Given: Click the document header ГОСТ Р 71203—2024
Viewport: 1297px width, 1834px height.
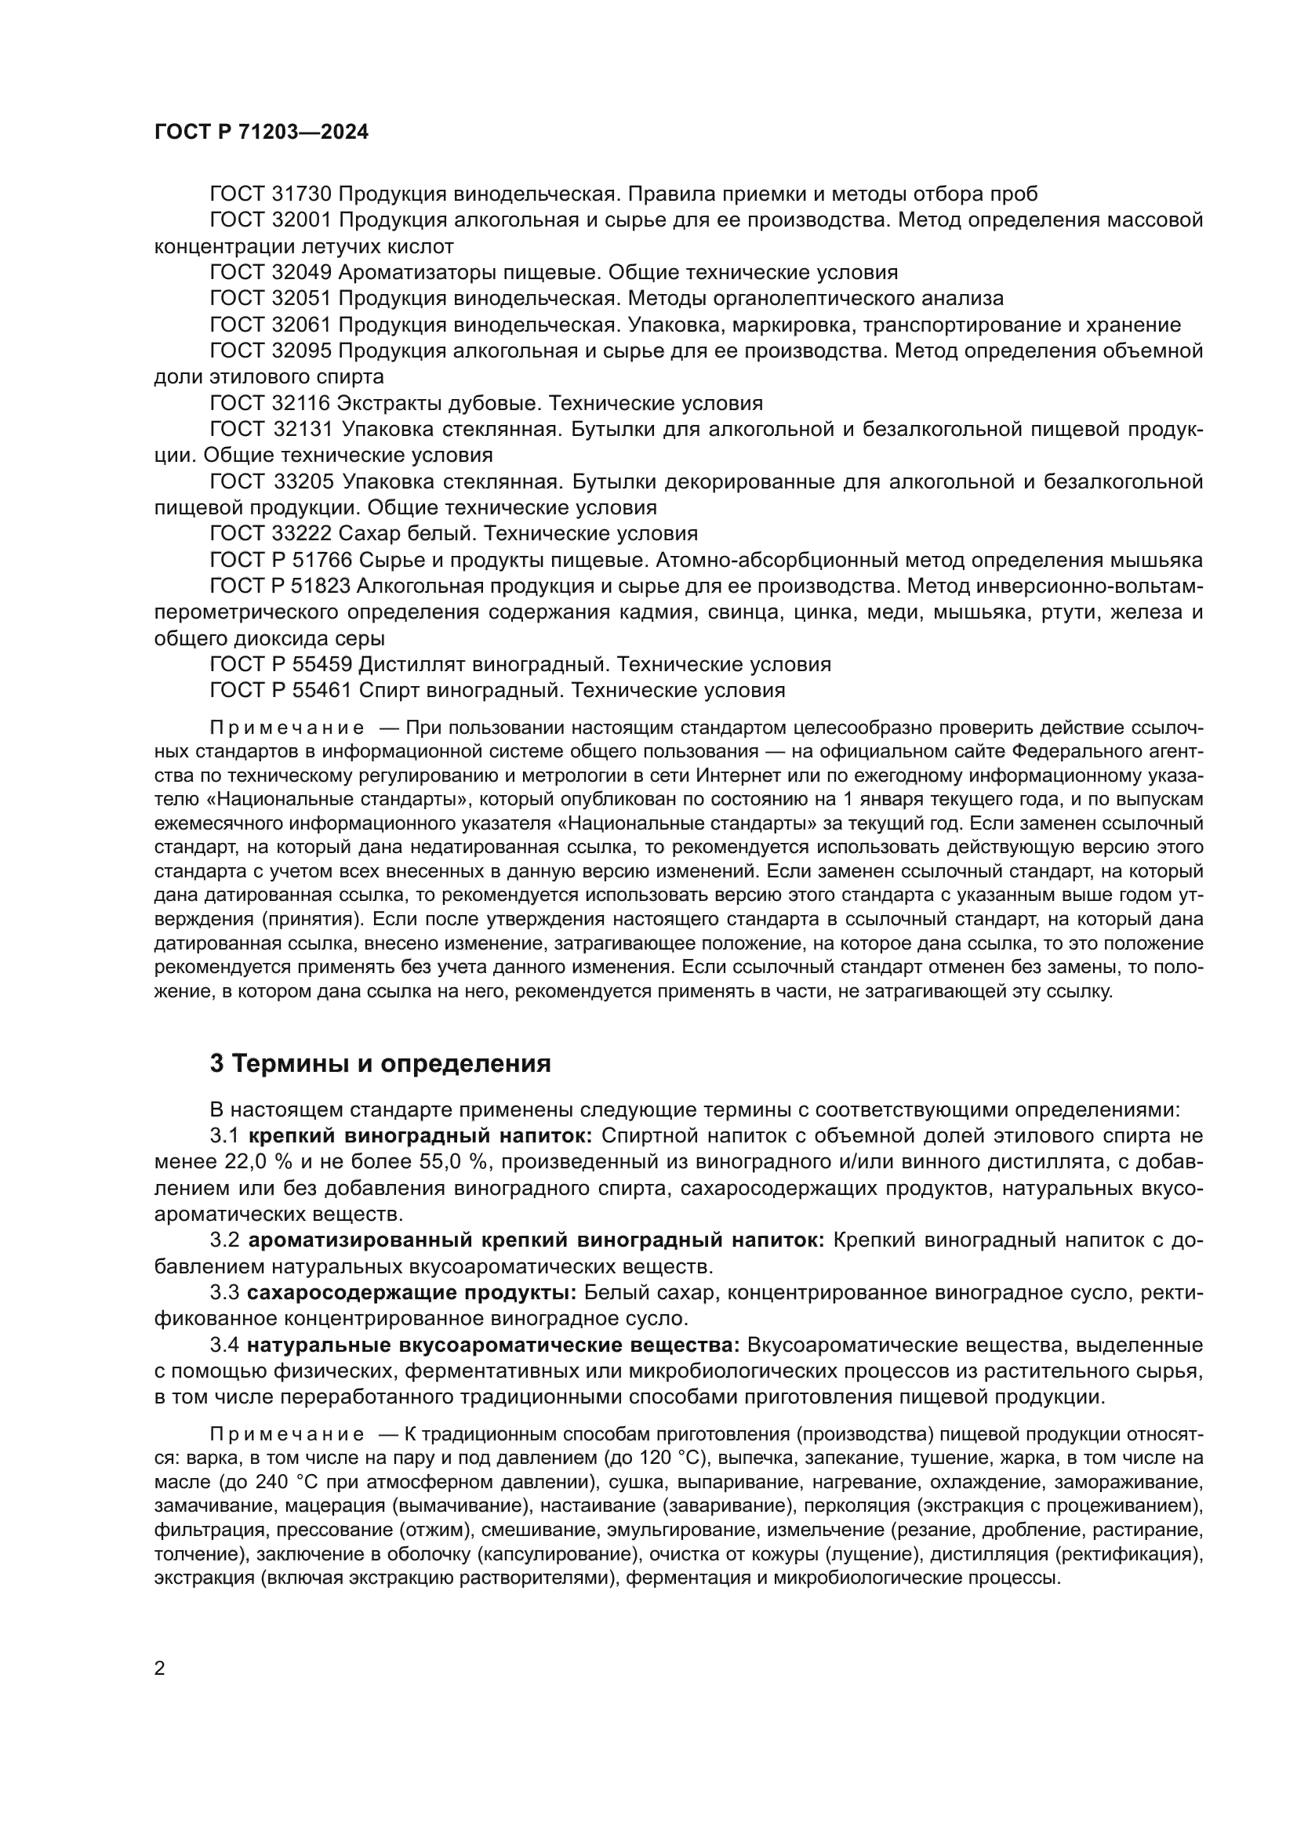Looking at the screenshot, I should coord(261,133).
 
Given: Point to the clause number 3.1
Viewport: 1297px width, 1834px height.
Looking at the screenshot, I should coord(224,1136).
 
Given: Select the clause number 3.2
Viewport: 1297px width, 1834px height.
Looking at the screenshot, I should coord(224,1240).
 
